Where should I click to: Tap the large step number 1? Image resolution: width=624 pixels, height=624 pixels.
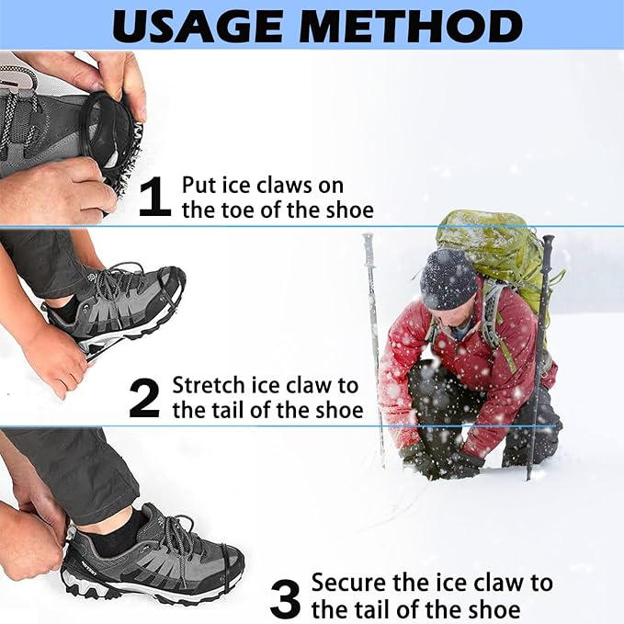pyautogui.click(x=154, y=197)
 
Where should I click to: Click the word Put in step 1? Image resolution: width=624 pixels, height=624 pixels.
pyautogui.click(x=199, y=185)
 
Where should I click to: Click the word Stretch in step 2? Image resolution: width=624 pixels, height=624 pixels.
pyautogui.click(x=207, y=385)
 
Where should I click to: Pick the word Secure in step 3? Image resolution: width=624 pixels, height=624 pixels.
pyautogui.click(x=346, y=583)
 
